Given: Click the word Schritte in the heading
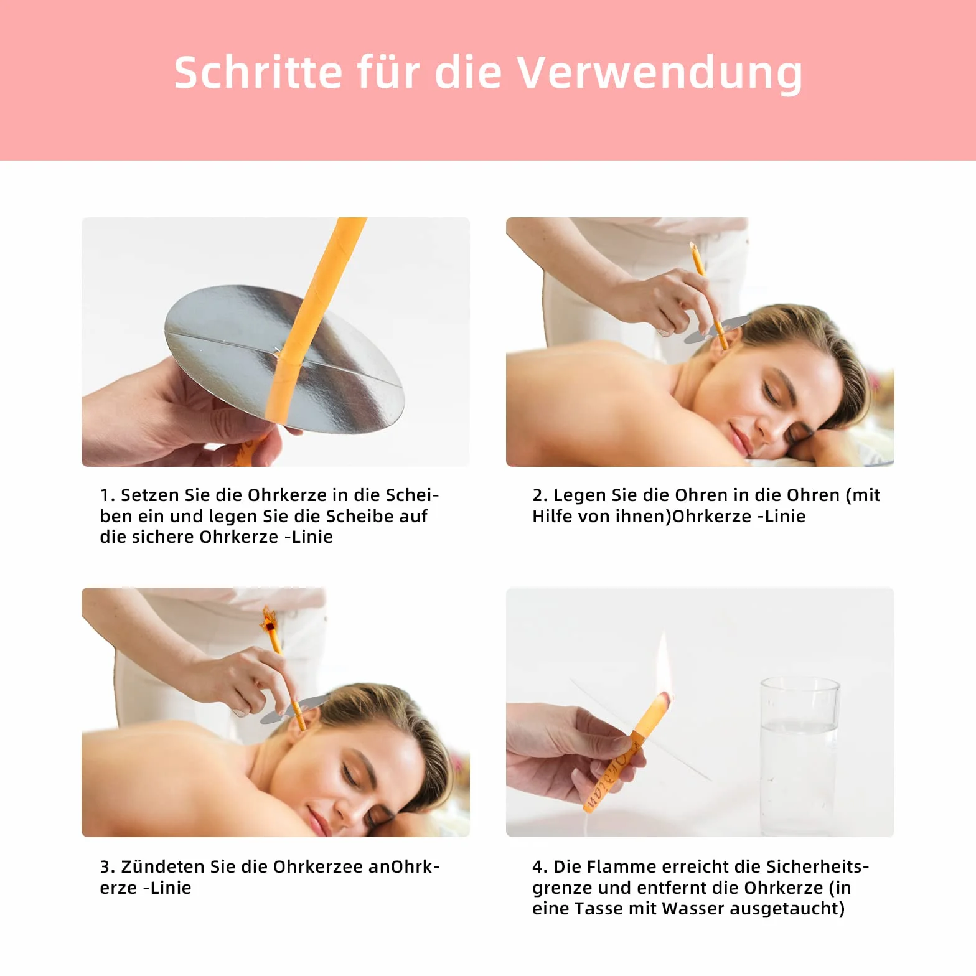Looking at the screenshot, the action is (x=258, y=72).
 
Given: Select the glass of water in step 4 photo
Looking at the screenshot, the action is (x=799, y=756).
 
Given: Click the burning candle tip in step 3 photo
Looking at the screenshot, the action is (x=270, y=620).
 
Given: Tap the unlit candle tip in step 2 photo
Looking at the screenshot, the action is (x=693, y=246).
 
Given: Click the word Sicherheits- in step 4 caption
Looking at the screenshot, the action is (x=817, y=867).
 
